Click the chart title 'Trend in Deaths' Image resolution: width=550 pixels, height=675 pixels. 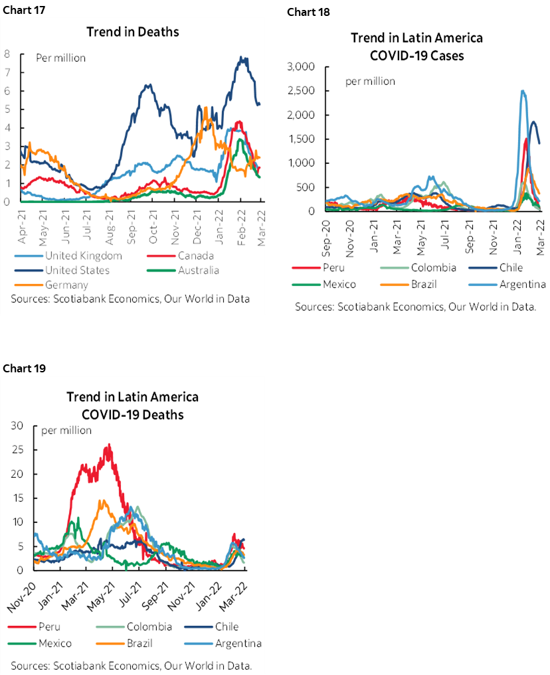[x=133, y=32]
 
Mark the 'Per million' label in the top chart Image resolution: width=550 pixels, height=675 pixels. [x=61, y=58]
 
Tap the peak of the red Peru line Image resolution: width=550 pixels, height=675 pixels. [x=109, y=445]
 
